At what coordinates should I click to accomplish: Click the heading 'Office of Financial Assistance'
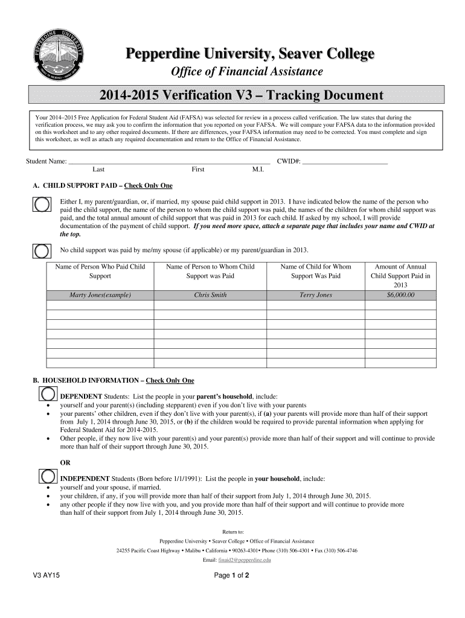coord(248,72)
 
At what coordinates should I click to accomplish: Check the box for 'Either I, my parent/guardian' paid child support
coord(42,205)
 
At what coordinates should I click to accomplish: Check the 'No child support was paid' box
coord(42,250)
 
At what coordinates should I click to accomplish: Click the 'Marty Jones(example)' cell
coord(100,295)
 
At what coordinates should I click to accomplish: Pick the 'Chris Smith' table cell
coord(210,295)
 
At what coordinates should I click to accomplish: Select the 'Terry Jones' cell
coord(316,295)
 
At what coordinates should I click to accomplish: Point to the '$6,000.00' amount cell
coord(400,295)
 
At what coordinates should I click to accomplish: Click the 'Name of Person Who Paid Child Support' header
coord(100,271)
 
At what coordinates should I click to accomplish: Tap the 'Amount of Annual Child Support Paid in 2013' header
coord(400,275)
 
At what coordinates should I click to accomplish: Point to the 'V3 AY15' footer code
coord(46,576)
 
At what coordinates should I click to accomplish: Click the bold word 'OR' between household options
coord(65,462)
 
